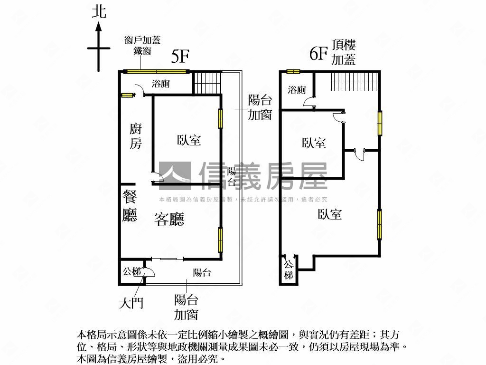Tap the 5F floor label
180,56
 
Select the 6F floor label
318,54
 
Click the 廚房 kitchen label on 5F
135,136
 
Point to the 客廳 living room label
169,219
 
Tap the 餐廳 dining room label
129,206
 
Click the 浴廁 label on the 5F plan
160,84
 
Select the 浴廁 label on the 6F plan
297,90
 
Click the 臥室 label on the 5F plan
189,140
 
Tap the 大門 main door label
131,303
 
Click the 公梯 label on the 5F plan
132,271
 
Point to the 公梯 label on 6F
289,270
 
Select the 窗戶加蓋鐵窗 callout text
142,45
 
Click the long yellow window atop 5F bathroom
157,72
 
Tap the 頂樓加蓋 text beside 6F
344,52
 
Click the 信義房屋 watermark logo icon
175,176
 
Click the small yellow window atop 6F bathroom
293,72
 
